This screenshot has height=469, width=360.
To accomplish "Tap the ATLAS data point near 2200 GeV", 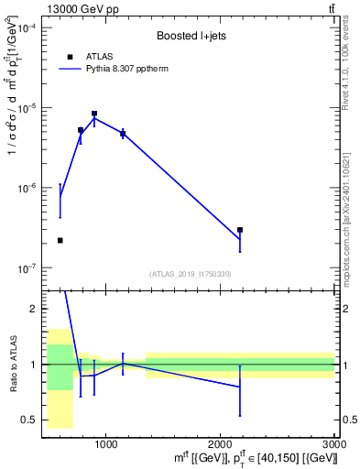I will [x=240, y=231].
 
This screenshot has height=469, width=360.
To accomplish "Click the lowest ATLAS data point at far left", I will [x=60, y=240].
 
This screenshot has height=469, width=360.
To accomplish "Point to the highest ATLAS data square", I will [x=94, y=114].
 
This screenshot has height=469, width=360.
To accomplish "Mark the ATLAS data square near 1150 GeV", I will [x=123, y=134].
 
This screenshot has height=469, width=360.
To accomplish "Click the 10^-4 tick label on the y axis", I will [x=28, y=28].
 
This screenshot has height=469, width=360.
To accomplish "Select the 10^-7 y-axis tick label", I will [x=28, y=268].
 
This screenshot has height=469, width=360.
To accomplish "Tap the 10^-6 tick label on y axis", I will [x=28, y=189].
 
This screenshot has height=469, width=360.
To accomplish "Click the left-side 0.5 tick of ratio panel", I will [x=29, y=420].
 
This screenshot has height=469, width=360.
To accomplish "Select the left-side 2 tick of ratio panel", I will [x=33, y=310].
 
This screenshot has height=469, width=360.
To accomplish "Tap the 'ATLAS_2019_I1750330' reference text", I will [x=191, y=274].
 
